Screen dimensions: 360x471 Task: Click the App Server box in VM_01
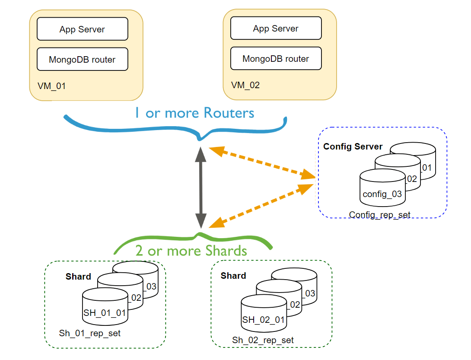[82, 29]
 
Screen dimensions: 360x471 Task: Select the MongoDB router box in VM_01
[82, 59]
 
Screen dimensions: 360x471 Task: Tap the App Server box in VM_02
[276, 28]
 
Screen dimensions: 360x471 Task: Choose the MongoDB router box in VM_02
[276, 58]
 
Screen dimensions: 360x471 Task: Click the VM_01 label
[51, 86]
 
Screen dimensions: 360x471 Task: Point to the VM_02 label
[245, 85]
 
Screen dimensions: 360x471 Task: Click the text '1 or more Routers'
[194, 113]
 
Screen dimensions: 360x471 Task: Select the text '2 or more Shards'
[191, 251]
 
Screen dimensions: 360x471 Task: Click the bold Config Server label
[353, 147]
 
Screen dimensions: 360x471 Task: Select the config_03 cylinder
[382, 190]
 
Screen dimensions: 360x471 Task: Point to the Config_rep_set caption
[379, 214]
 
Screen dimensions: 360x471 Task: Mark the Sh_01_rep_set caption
[89, 333]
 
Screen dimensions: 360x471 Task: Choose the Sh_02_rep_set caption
[263, 340]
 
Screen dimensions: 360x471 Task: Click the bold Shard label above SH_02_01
[233, 276]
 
